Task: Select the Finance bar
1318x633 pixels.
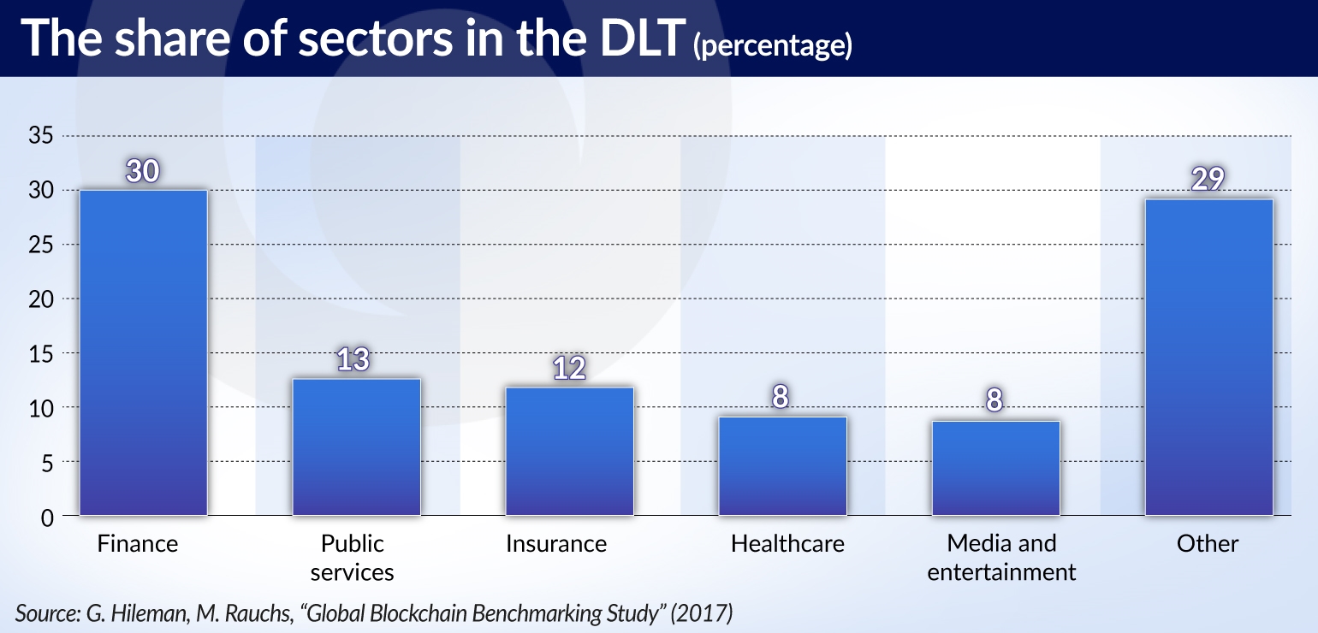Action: (142, 352)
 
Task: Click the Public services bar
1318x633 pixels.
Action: (356, 447)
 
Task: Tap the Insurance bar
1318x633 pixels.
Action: (569, 451)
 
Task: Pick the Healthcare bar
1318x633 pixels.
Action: (782, 465)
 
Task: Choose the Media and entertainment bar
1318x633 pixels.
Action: (995, 468)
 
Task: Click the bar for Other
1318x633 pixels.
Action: (1208, 357)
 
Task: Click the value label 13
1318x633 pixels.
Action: (353, 360)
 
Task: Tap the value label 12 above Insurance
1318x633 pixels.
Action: (568, 369)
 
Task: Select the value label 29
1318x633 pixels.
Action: (1208, 179)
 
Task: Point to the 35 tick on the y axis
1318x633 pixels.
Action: (42, 136)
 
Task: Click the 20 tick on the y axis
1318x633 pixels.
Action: (42, 299)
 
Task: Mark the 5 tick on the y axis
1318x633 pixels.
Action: (48, 463)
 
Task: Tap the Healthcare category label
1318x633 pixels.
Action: (787, 544)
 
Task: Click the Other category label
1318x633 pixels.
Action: (1208, 544)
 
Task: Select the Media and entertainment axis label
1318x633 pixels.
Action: (1001, 558)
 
